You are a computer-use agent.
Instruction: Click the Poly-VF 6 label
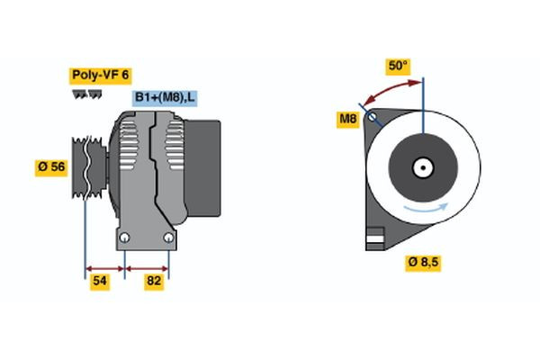coord(99,76)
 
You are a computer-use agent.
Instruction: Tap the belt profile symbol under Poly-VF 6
coord(87,94)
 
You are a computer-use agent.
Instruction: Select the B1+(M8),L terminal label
coord(166,97)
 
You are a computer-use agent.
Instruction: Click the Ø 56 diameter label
coord(51,167)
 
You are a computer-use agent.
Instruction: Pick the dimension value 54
coord(102,282)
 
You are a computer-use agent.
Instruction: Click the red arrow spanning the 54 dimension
coord(103,267)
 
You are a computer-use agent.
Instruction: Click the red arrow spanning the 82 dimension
coord(147,267)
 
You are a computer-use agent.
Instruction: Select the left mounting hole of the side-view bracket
coord(126,238)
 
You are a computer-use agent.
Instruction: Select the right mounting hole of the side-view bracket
coord(168,238)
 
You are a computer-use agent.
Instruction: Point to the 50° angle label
coord(398,67)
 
